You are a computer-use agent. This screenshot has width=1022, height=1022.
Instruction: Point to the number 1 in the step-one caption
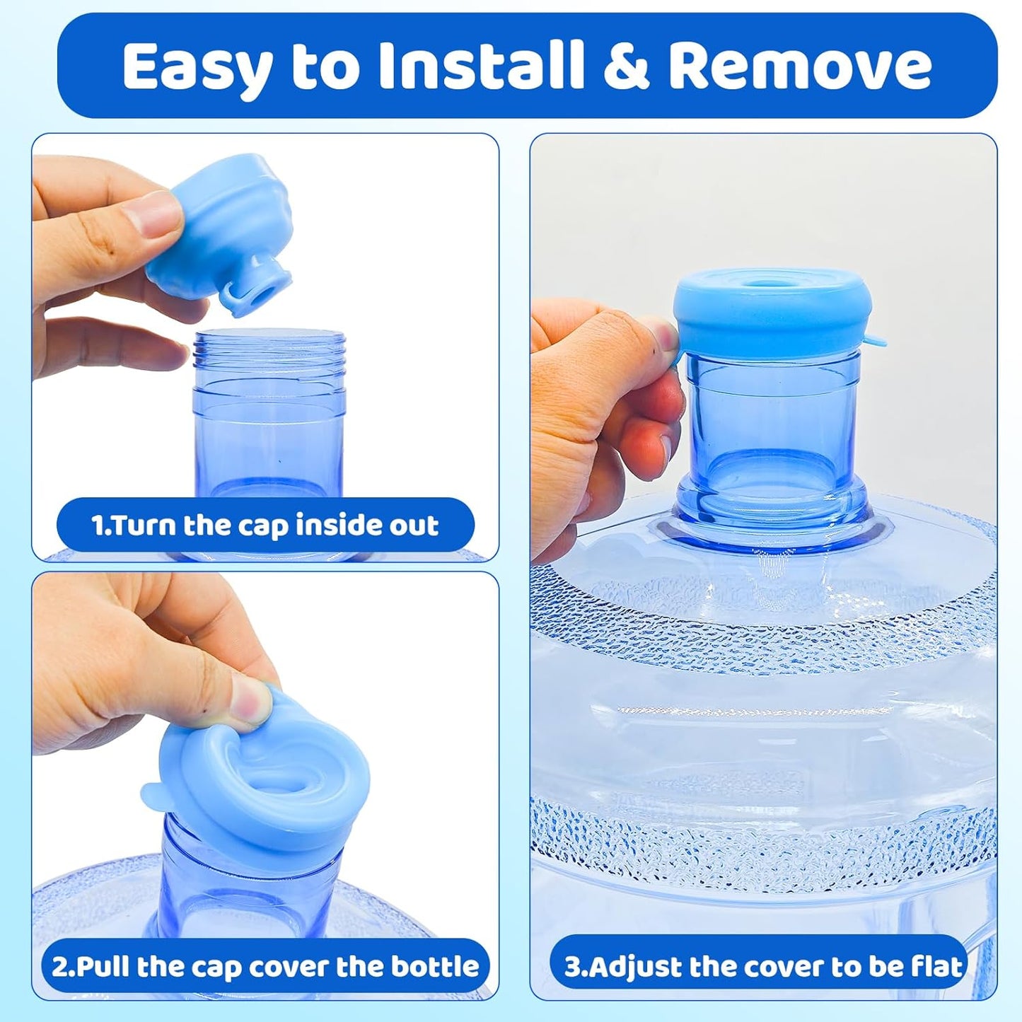(x=98, y=525)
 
